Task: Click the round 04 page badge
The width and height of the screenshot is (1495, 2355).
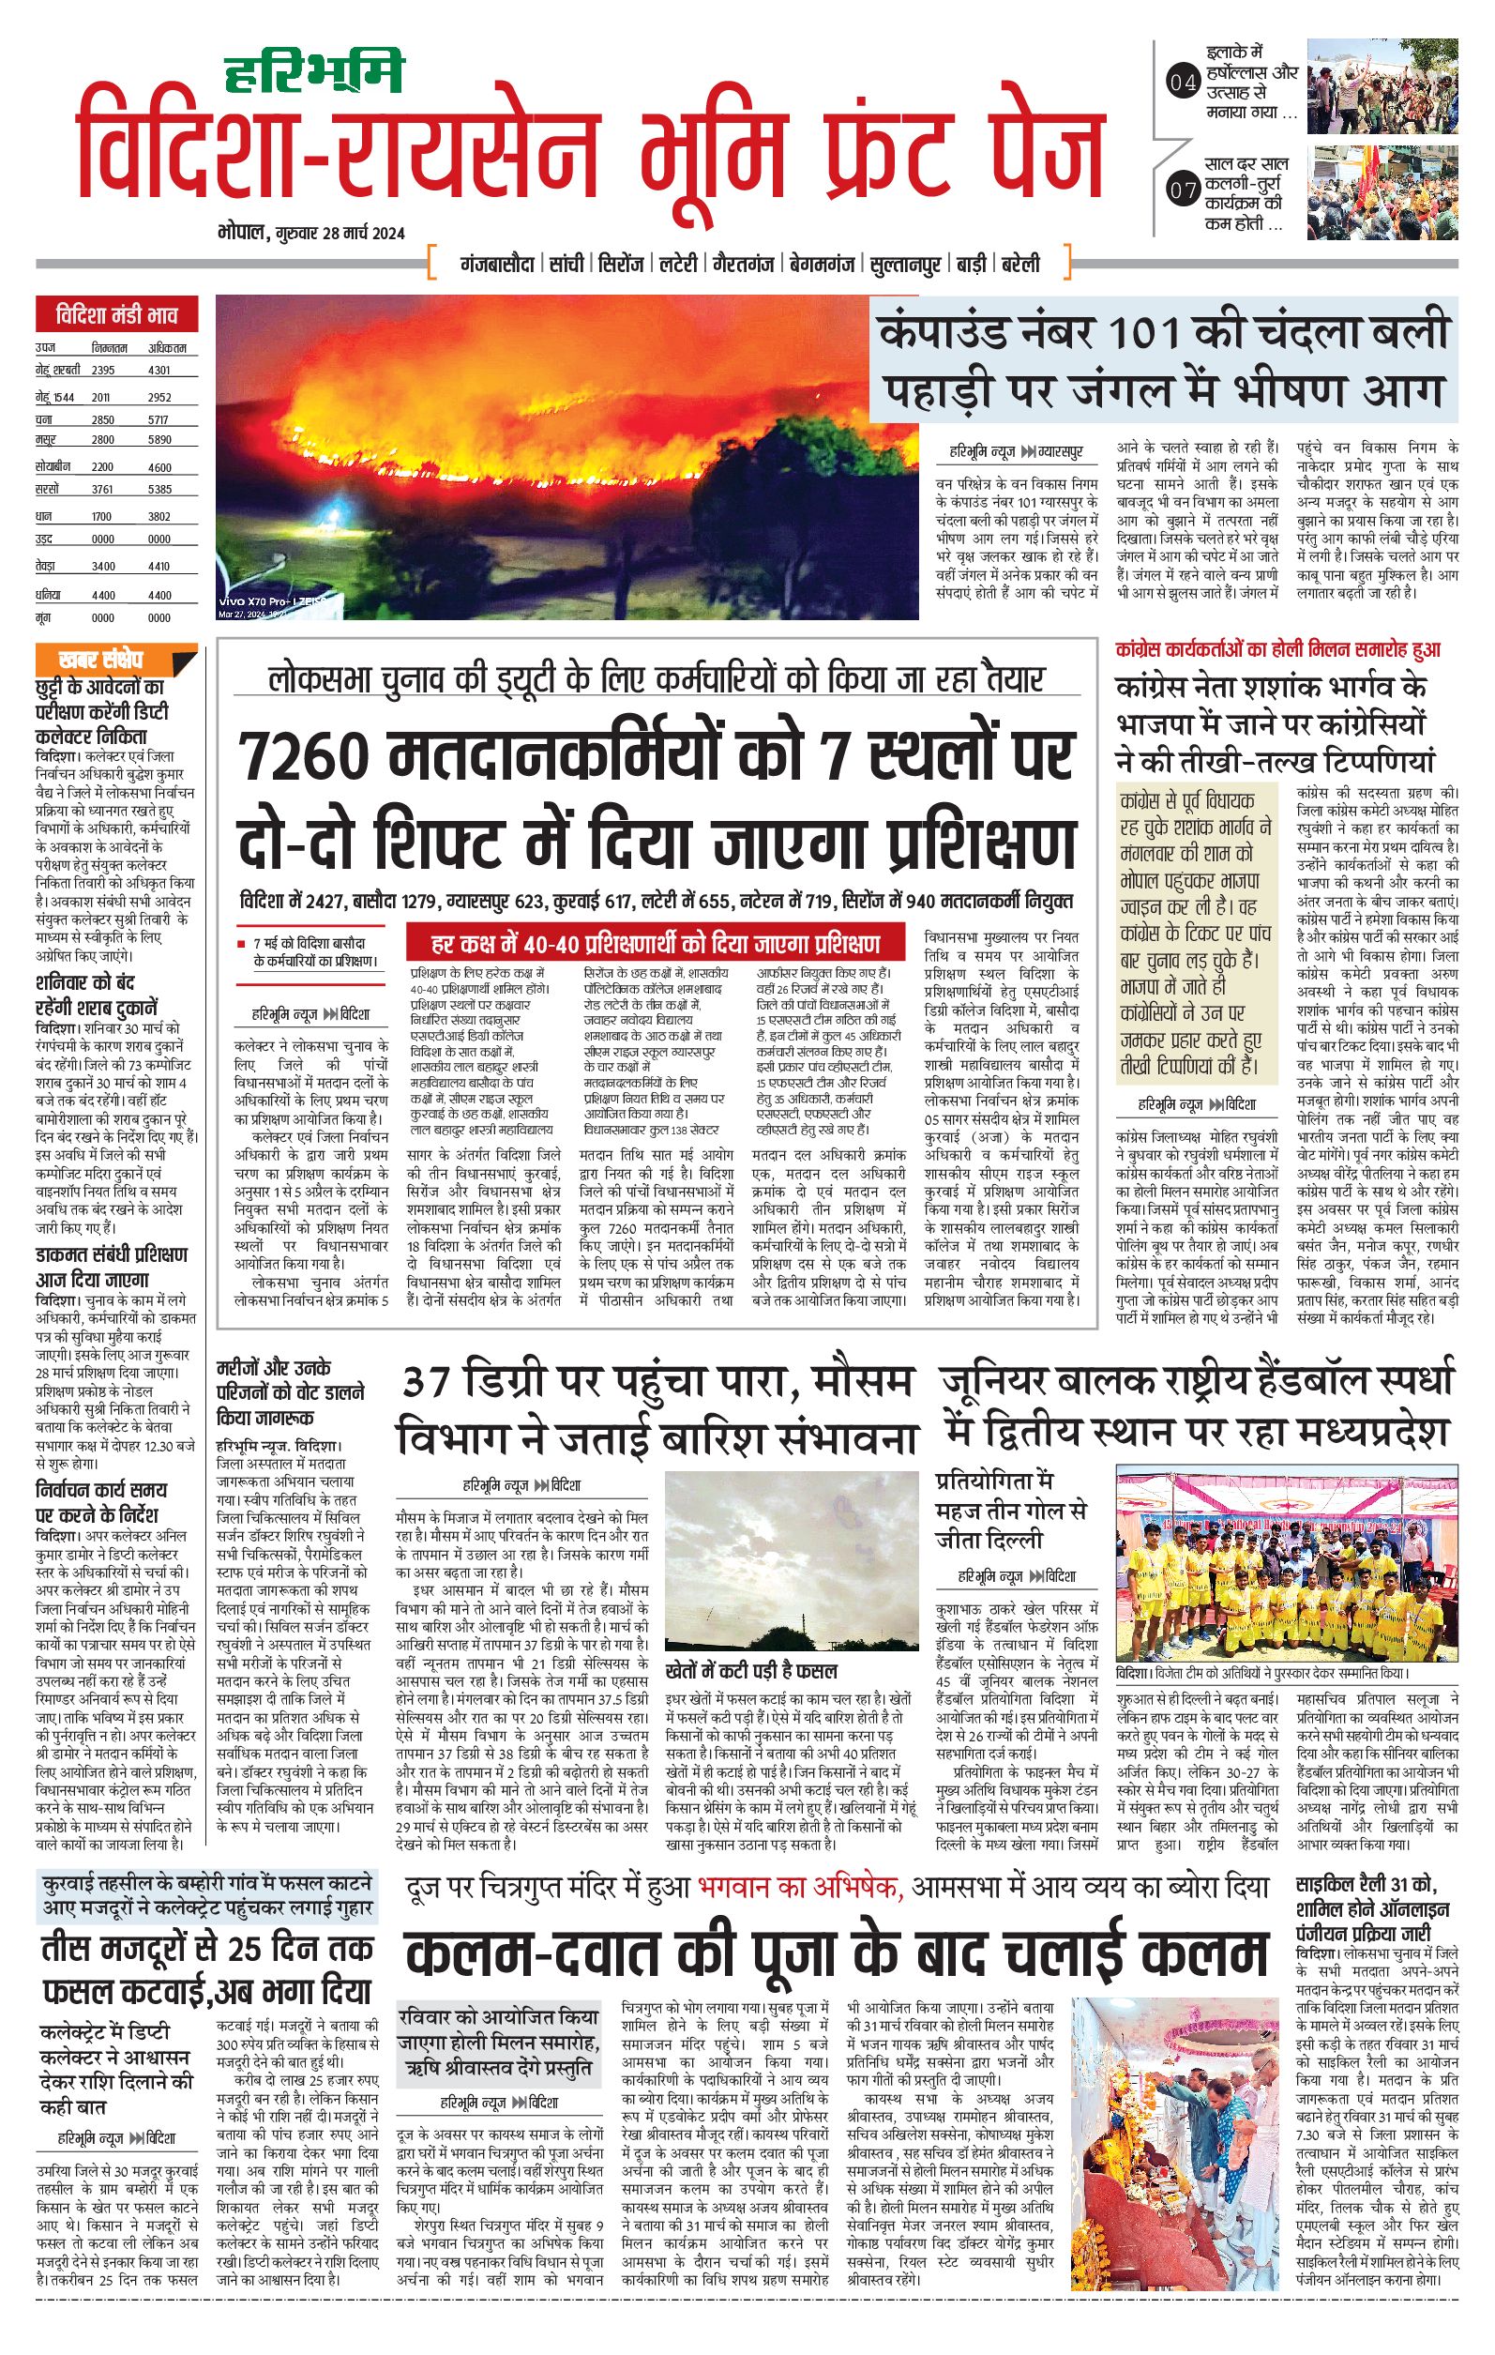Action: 1182,84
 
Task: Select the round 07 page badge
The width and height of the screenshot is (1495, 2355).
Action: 1182,190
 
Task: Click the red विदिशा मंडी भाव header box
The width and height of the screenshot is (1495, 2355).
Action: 116,315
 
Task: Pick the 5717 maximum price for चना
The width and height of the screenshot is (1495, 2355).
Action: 159,419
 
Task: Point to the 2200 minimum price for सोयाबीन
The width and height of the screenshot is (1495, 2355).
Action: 102,467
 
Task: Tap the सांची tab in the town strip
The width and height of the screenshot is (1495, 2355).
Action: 566,264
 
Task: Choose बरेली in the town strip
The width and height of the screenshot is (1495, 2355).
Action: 1019,264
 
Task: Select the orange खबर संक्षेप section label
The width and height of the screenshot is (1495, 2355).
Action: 100,659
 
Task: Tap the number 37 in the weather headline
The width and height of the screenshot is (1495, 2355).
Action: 430,1381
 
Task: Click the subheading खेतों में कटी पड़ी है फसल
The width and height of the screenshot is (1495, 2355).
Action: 750,1669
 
